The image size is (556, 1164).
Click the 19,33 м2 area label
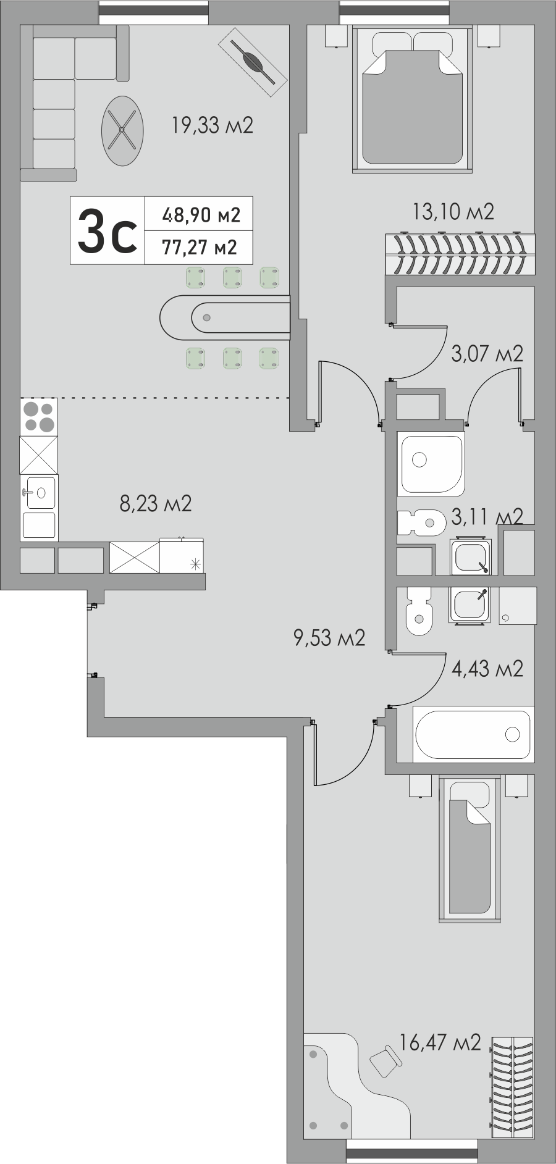pyautogui.click(x=213, y=126)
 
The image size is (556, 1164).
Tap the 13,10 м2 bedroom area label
pyautogui.click(x=453, y=212)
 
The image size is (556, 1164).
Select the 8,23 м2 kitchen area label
pyautogui.click(x=156, y=503)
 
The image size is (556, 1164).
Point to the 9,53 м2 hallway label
pyautogui.click(x=329, y=637)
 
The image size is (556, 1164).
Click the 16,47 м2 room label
pyautogui.click(x=440, y=1043)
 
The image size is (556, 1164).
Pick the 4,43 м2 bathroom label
pyautogui.click(x=487, y=668)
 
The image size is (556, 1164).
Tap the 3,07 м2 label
pyautogui.click(x=487, y=354)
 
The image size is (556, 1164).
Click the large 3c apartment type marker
pyautogui.click(x=107, y=230)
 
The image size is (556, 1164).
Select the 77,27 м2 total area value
pyautogui.click(x=200, y=248)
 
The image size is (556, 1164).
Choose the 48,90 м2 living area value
pyautogui.click(x=201, y=215)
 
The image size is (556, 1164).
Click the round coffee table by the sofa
pyautogui.click(x=123, y=130)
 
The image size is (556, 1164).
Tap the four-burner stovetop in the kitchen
pyautogui.click(x=38, y=417)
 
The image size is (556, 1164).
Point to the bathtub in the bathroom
pyautogui.click(x=473, y=734)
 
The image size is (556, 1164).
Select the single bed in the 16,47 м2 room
pyautogui.click(x=469, y=850)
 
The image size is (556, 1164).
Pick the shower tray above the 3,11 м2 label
pyautogui.click(x=431, y=464)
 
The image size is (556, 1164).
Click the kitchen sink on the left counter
pyautogui.click(x=39, y=493)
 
